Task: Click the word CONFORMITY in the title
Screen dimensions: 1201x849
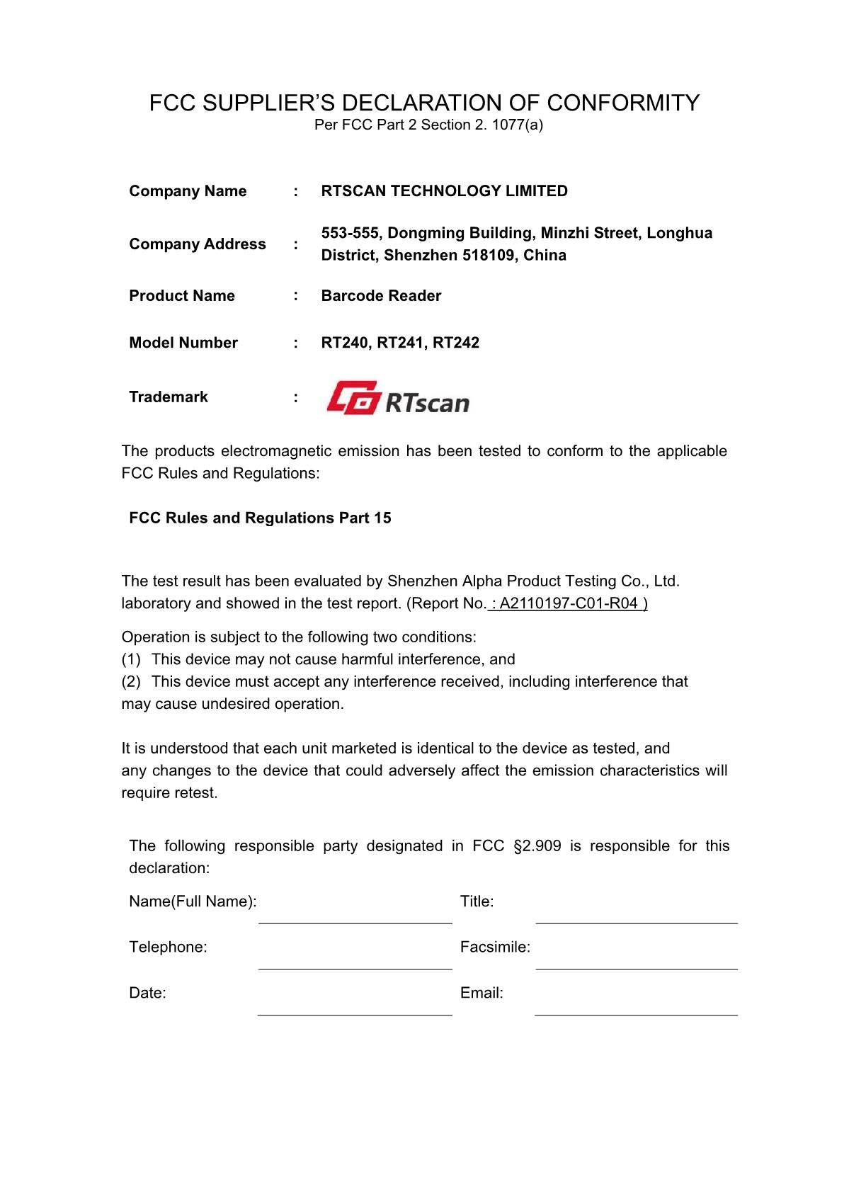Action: [623, 103]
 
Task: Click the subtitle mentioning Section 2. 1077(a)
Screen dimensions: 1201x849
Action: [428, 125]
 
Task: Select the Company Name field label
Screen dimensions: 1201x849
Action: [188, 191]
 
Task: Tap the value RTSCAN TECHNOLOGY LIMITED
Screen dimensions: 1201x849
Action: [444, 191]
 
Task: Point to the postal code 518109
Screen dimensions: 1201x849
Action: [489, 256]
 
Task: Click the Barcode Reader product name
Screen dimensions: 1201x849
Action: [381, 296]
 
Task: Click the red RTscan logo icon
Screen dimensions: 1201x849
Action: [352, 398]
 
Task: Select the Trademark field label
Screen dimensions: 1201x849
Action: [169, 397]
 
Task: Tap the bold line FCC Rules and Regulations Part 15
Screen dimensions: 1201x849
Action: [260, 518]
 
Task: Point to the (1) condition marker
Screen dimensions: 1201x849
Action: [132, 659]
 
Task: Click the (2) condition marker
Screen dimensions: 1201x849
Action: [132, 682]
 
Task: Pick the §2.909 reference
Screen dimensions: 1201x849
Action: [537, 846]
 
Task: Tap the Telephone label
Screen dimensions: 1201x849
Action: [168, 947]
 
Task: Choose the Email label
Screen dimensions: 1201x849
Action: [482, 993]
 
